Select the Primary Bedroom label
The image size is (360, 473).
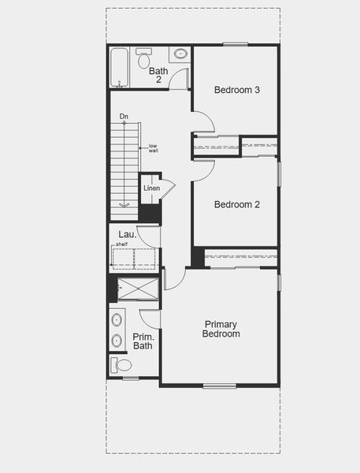tap(221, 329)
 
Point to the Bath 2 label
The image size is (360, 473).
tap(158, 75)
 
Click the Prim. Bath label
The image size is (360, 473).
tap(143, 341)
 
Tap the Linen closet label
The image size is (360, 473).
tap(151, 188)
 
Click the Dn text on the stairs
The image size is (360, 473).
tap(124, 117)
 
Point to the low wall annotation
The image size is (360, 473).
tap(153, 147)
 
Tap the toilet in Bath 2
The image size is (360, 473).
tap(144, 58)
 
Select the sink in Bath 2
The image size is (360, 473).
tap(180, 54)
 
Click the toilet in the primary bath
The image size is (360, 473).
tap(122, 365)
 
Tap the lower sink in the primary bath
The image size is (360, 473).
tap(117, 341)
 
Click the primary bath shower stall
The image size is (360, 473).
tap(138, 289)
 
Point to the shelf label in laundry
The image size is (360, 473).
tap(122, 244)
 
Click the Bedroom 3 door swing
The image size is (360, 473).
tap(203, 122)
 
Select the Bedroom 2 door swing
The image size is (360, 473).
tap(203, 169)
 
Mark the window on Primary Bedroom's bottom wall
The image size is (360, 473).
tap(220, 385)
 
